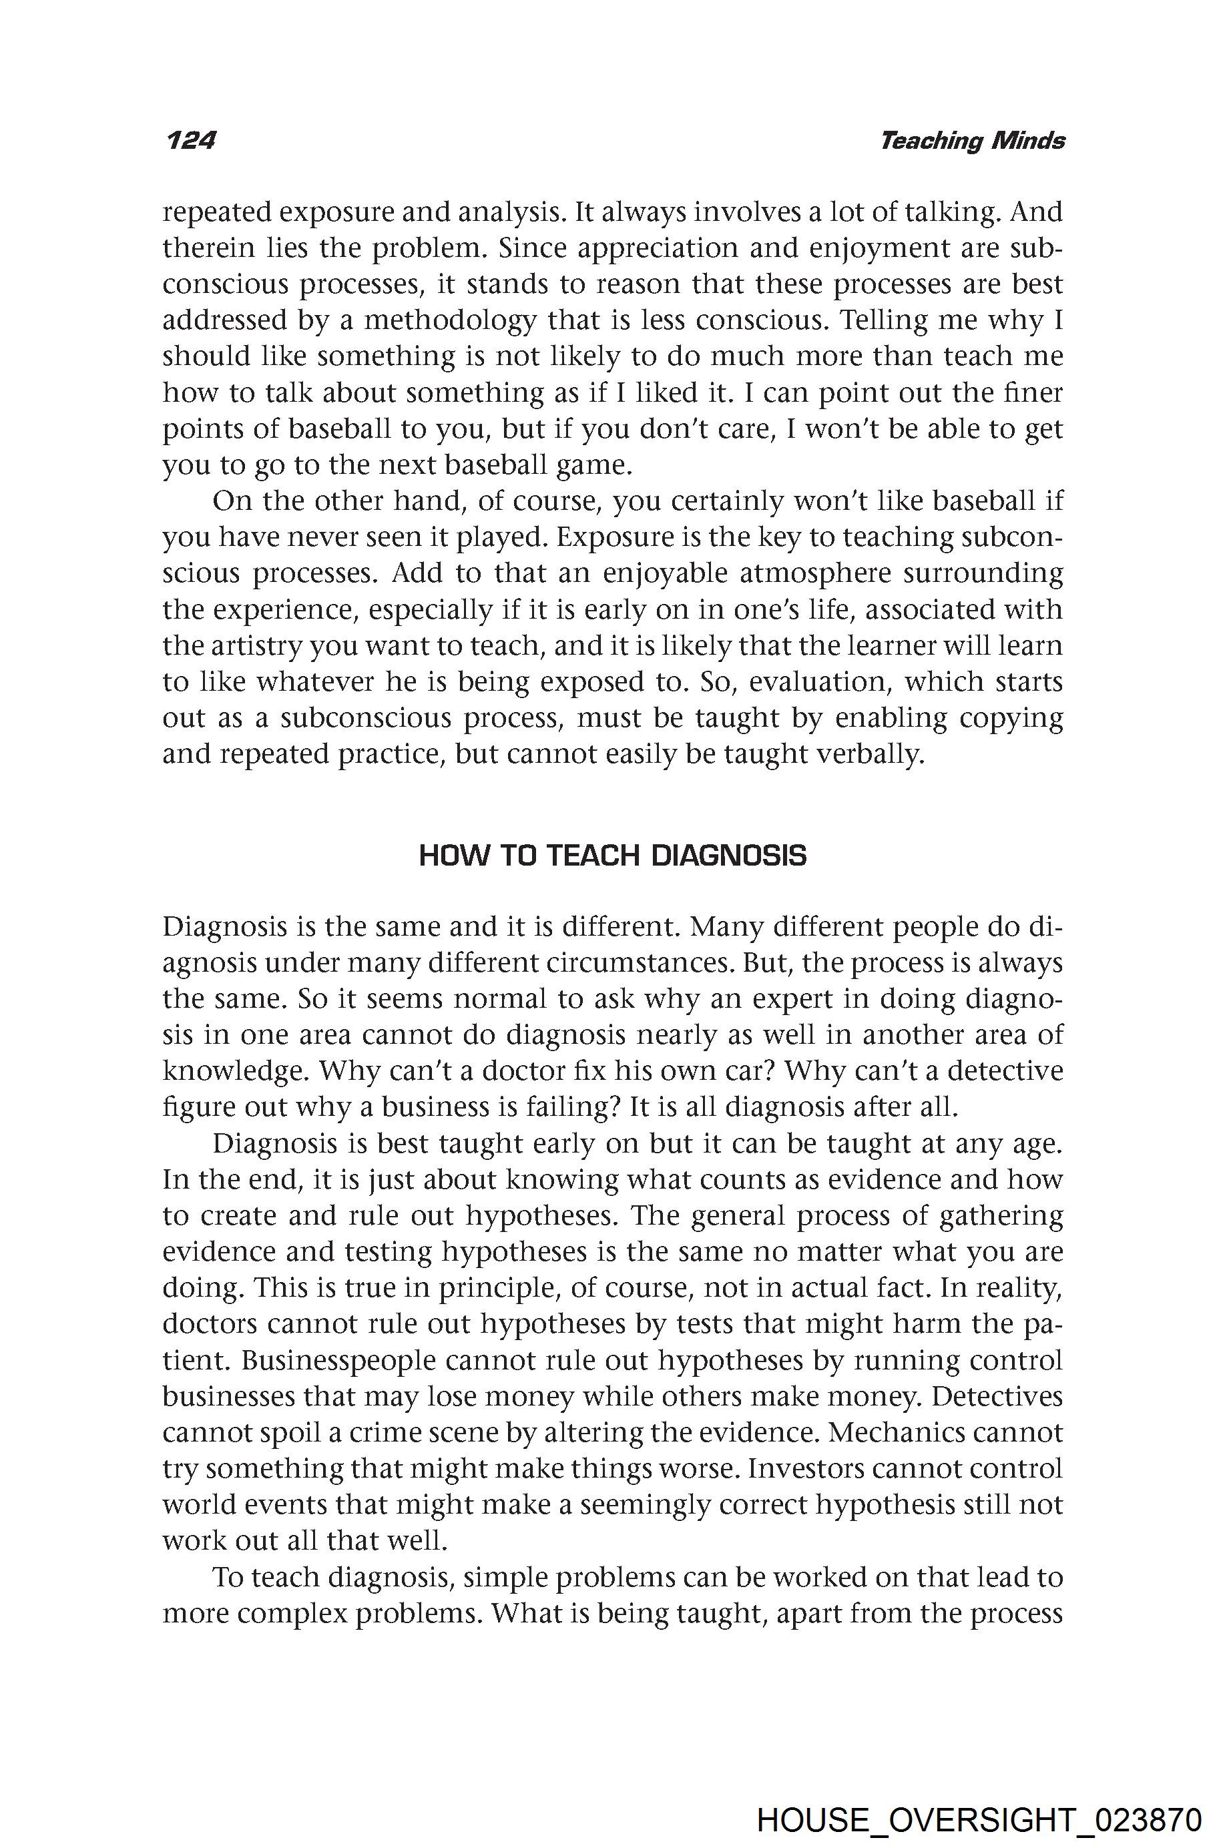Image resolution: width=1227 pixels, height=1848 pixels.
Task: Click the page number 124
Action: (x=190, y=141)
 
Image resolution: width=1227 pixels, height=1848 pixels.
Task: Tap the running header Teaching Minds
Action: (x=972, y=141)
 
